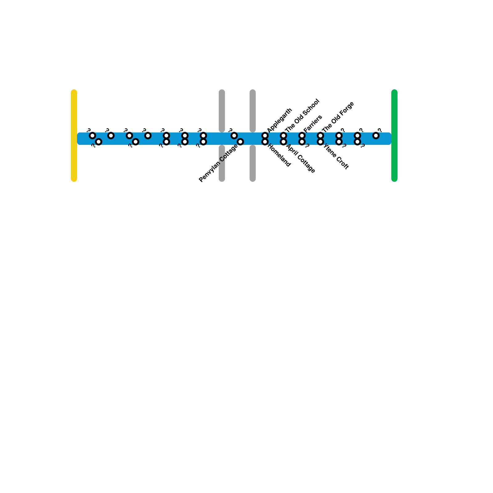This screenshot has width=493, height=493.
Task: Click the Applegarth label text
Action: pos(279,120)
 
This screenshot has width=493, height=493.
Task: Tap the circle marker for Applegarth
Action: pos(265,136)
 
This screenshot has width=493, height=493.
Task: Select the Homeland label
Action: pos(279,156)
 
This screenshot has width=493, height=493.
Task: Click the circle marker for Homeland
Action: pos(265,142)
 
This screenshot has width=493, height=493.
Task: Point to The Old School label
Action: pos(302,115)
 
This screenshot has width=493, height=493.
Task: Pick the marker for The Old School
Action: pos(283,136)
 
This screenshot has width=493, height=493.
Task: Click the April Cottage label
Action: pos(300,159)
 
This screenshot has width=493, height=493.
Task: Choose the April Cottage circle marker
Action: pos(283,142)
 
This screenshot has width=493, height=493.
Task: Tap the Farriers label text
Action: pos(313,124)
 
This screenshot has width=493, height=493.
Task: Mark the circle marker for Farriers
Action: pos(302,136)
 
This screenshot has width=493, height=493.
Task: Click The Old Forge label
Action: pos(338,117)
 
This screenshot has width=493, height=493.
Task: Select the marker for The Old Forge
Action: pos(320,136)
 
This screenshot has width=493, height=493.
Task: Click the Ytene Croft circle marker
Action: pos(320,142)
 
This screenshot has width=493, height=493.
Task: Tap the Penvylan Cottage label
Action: pos(218,163)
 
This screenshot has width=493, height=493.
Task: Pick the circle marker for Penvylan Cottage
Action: pos(240,142)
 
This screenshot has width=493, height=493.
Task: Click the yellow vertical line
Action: pos(74,136)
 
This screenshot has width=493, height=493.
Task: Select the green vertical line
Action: pos(394,136)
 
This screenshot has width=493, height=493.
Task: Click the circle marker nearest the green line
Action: pos(376,136)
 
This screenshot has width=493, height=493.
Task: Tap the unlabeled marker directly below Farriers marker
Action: pos(302,142)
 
